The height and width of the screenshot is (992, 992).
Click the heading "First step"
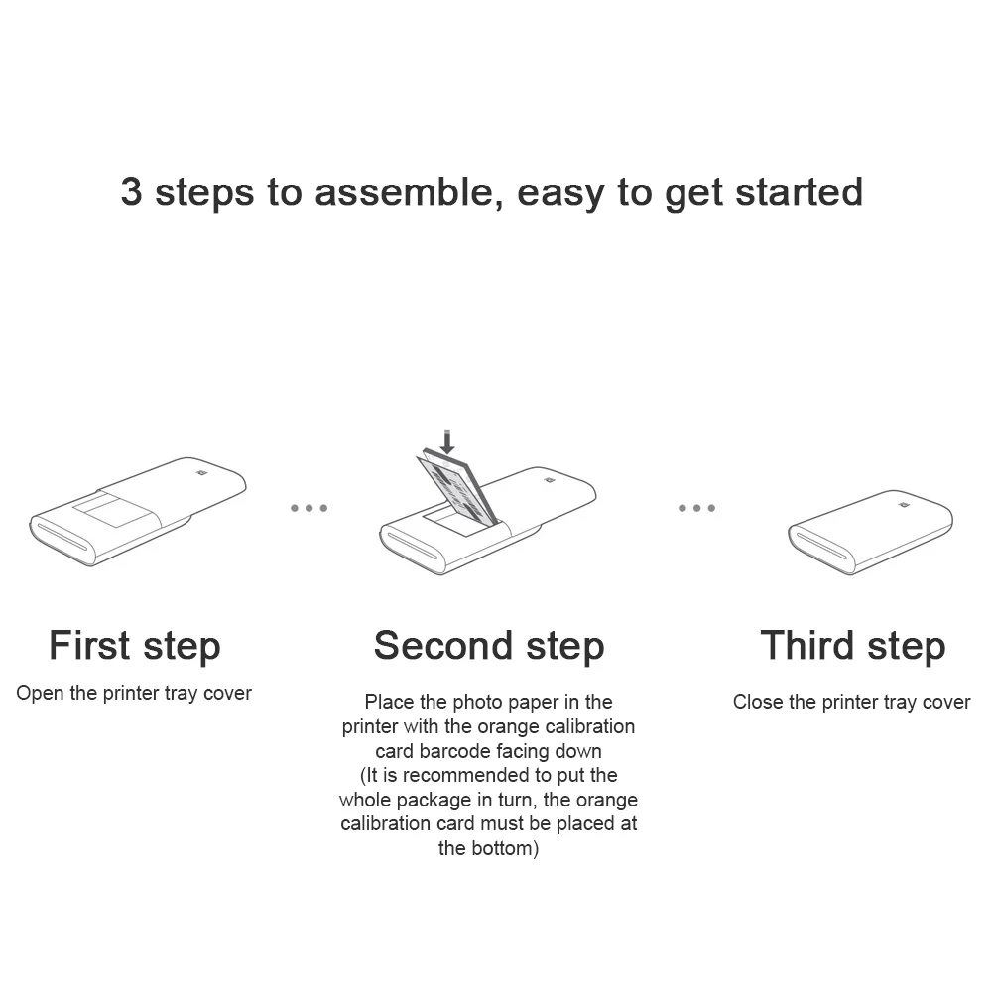coord(135,646)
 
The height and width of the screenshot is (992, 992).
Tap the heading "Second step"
coord(489,646)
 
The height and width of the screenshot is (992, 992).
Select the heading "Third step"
coord(852,646)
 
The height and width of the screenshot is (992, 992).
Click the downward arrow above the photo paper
coord(447,441)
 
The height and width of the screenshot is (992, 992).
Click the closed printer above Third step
coord(870,531)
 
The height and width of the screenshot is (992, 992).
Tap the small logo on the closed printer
coord(904,505)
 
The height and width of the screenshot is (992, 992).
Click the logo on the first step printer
coord(202,473)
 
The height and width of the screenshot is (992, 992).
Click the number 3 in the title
coord(131,191)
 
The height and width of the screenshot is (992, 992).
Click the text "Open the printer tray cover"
coord(134,693)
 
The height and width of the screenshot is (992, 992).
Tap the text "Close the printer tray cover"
coord(851,702)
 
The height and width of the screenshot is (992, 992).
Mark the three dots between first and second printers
coord(309,508)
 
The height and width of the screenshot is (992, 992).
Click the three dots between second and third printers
coord(696,508)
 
